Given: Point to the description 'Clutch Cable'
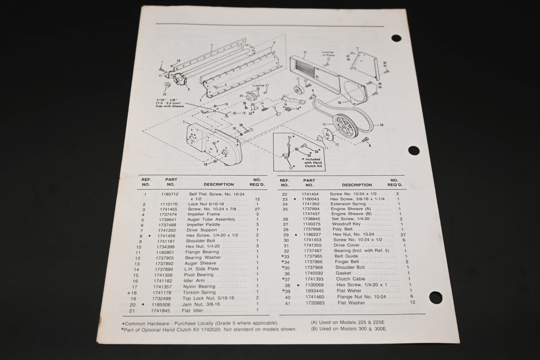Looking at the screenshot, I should click(x=351, y=279).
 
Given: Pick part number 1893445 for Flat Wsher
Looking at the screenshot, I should click(x=314, y=291).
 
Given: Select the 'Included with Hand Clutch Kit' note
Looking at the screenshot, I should click(x=313, y=163).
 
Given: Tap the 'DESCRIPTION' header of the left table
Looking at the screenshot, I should click(x=219, y=184).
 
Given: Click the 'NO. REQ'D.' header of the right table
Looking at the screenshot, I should click(x=395, y=182).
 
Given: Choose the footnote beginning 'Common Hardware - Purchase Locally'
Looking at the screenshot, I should click(x=201, y=323).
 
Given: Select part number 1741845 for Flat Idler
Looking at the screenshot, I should click(x=161, y=311).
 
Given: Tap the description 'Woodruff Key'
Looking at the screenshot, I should click(x=346, y=224).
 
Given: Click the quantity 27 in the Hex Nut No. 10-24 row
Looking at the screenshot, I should click(x=403, y=234).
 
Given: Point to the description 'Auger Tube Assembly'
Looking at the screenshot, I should click(x=211, y=219).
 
